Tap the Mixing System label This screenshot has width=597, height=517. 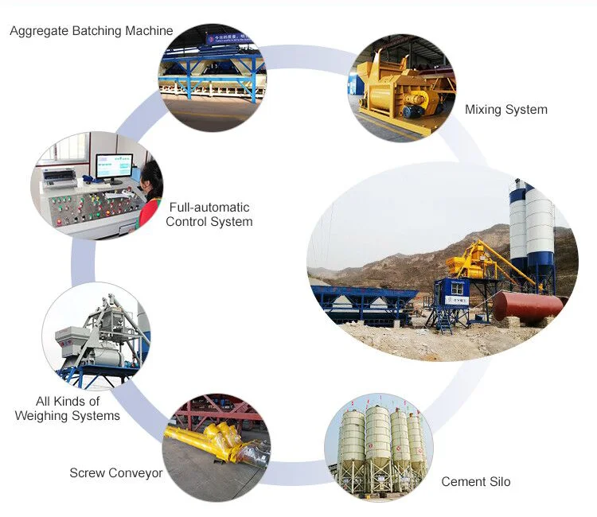pos(505,110)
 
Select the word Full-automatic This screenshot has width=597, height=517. pos(208,208)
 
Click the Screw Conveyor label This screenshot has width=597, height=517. pos(115,473)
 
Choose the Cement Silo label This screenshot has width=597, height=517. pos(475,482)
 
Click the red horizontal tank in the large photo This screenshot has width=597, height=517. pos(527,305)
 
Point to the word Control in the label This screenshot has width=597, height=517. pos(186,222)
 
